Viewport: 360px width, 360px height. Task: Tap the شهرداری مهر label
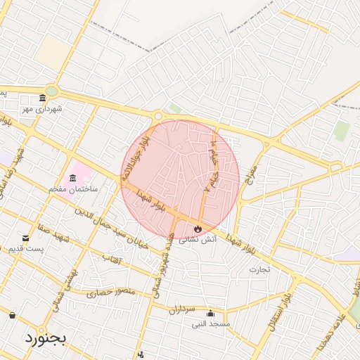click(x=42, y=109)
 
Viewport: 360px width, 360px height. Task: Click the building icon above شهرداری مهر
click(x=42, y=98)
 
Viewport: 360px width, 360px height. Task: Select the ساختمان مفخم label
click(x=73, y=190)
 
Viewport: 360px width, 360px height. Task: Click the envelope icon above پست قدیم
click(x=26, y=238)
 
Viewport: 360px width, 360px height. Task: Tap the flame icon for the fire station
click(x=198, y=229)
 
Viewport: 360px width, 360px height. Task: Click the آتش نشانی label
click(x=198, y=240)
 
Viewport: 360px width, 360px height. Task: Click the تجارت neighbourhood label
click(x=260, y=269)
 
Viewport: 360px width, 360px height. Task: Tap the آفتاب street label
click(x=112, y=260)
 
